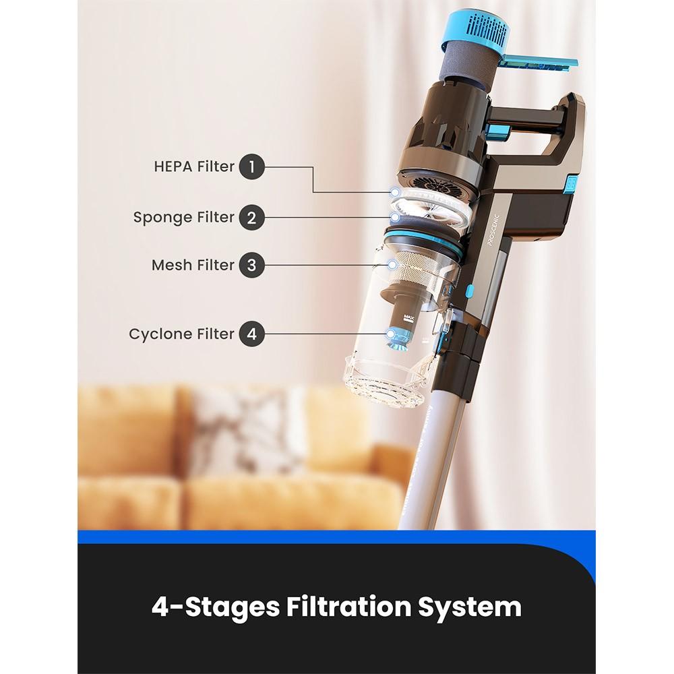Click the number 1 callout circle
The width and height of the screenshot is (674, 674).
pos(252,166)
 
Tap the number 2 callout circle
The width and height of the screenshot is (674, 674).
pos(252,217)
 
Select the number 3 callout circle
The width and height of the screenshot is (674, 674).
pos(252,265)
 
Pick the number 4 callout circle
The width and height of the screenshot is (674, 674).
pos(252,334)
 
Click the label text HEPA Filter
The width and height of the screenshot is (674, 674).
pos(194,166)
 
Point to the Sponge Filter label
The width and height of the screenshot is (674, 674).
pos(184,218)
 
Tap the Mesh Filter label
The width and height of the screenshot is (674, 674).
pos(193,265)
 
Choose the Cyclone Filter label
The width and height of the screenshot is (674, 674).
pos(182,334)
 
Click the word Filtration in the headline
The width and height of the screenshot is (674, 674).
pos(348,606)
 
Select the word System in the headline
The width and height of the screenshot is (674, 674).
pos(470,607)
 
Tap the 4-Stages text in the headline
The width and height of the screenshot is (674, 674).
pos(216,607)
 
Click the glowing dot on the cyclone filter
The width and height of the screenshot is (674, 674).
pos(391,334)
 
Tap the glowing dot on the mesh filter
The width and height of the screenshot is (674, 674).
pos(392,264)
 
